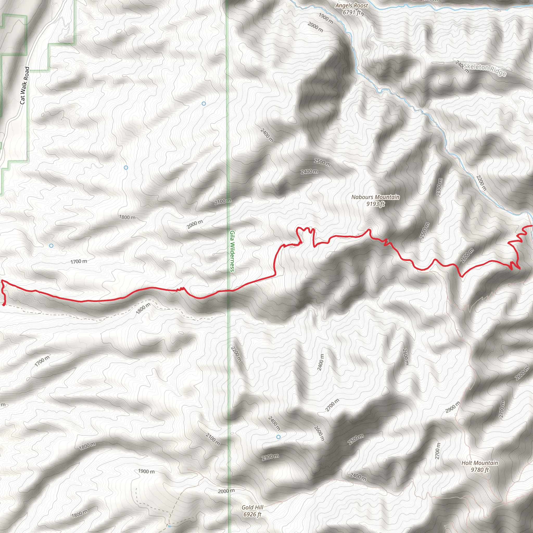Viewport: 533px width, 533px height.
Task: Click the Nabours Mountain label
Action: [375, 197]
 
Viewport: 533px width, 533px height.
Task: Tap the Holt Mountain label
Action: [480, 463]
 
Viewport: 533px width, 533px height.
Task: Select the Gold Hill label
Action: [252, 507]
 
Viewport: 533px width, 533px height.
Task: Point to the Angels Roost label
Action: [352, 5]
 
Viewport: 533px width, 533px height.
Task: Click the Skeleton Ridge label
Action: [485, 70]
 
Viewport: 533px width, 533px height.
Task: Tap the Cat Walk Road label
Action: [24, 86]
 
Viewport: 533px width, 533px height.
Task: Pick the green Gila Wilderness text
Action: [232, 251]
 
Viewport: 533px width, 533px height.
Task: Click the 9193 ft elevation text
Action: [375, 204]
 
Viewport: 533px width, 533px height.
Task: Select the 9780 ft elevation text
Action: [480, 470]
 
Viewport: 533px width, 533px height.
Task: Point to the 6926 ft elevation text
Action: [252, 514]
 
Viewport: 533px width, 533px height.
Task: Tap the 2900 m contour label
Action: [453, 407]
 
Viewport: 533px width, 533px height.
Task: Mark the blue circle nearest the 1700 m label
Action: [51, 245]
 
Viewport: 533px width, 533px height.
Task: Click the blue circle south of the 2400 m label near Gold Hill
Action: [278, 437]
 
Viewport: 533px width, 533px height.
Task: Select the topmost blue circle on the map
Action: [204, 104]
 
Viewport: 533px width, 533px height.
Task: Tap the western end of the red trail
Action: [4, 304]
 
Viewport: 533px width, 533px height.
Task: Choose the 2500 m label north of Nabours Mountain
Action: [322, 162]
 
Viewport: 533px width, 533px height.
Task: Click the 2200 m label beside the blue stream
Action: [481, 183]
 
